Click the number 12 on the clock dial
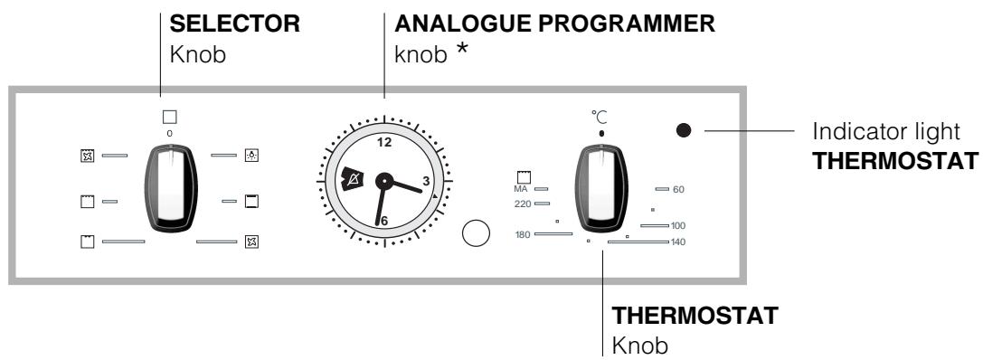click(383, 142)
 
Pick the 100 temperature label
click(679, 225)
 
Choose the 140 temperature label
click(679, 242)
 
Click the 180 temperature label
click(522, 233)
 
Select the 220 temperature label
click(522, 204)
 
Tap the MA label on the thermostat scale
click(521, 189)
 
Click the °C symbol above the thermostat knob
click(600, 116)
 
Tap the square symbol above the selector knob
click(169, 117)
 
